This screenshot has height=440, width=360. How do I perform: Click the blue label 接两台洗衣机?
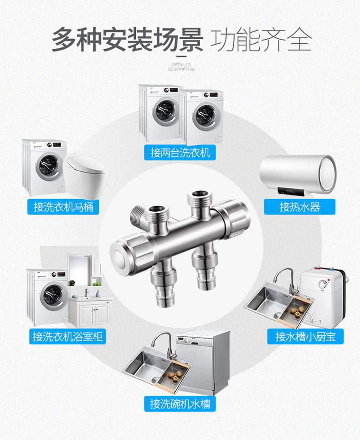tap(180, 153)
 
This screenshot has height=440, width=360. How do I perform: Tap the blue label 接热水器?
tap(299, 207)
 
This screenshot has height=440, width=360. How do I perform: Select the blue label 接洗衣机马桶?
tap(63, 207)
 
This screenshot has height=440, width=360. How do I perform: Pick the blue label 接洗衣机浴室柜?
tap(67, 337)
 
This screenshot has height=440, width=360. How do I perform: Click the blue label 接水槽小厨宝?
tap(305, 337)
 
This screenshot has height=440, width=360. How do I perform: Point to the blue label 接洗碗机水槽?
tap(180, 404)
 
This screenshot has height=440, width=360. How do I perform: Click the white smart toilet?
tap(85, 175)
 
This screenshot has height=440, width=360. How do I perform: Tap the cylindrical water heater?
tap(298, 174)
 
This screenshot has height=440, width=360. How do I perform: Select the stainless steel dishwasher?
tap(203, 363)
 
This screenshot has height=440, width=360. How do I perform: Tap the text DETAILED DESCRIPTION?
tap(181, 67)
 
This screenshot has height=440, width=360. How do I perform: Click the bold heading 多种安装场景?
tap(128, 40)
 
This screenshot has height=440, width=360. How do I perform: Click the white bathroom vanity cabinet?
tap(90, 312)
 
